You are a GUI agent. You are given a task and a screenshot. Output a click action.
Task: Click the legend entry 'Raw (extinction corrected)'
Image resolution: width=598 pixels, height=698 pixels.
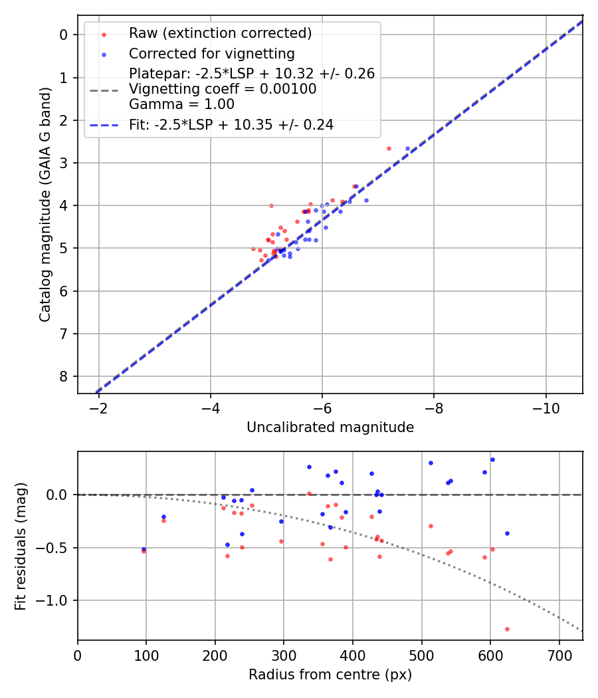[x=220, y=33]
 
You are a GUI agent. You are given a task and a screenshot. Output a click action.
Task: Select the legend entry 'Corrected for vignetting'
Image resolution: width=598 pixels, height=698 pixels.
[x=212, y=53]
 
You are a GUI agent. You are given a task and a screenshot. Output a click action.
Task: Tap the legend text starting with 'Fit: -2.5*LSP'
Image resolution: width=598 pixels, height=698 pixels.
[x=231, y=124]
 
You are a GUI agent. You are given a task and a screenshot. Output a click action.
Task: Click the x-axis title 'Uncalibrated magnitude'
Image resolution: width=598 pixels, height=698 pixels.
[x=330, y=427]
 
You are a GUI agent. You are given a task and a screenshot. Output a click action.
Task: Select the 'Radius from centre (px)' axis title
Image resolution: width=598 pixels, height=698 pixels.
[x=330, y=675]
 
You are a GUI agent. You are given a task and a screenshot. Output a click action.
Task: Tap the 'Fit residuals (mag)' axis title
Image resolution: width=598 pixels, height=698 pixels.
[x=21, y=546]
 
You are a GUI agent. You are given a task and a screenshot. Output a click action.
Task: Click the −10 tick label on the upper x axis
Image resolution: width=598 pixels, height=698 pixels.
[x=546, y=407]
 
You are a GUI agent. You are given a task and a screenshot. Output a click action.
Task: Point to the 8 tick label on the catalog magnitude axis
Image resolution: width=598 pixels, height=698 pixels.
[x=64, y=376]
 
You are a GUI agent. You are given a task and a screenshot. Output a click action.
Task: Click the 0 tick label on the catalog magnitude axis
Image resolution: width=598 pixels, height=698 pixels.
[x=64, y=35]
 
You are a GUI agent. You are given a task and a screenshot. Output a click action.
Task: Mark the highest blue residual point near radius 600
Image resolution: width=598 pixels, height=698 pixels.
[x=492, y=459]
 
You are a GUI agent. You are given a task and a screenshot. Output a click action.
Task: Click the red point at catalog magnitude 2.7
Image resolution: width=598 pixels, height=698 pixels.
[x=389, y=148]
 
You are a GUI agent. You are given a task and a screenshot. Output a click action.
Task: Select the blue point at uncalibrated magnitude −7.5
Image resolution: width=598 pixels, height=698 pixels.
[x=407, y=148]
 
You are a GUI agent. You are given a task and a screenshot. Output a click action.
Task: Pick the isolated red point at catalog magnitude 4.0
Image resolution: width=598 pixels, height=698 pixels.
[x=271, y=205]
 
